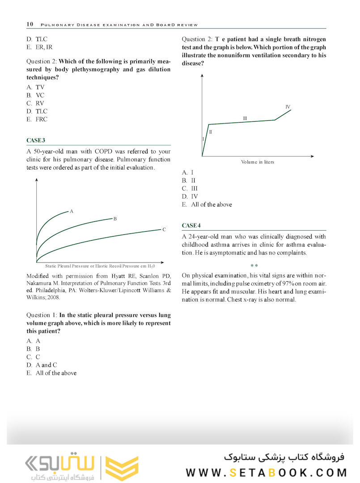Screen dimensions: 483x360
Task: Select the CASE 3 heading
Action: point(36,140)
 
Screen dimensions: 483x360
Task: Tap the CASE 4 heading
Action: point(191,225)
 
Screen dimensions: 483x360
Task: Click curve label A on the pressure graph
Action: point(72,211)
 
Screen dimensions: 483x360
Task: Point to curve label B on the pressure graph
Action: point(115,219)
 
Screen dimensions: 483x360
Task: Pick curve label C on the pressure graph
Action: point(164,229)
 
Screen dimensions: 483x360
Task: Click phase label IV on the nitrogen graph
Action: point(288,107)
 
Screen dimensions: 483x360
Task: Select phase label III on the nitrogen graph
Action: point(245,119)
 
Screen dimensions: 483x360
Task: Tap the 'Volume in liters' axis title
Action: point(258,162)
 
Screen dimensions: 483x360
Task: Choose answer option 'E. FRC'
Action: point(37,119)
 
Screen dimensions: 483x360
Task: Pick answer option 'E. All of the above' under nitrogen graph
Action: point(207,204)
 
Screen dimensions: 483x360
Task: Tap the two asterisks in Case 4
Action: point(254,266)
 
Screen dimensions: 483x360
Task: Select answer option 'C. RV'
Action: point(35,103)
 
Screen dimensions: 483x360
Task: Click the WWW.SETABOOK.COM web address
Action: point(267,473)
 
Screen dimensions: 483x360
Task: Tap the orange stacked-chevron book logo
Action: point(122,468)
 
